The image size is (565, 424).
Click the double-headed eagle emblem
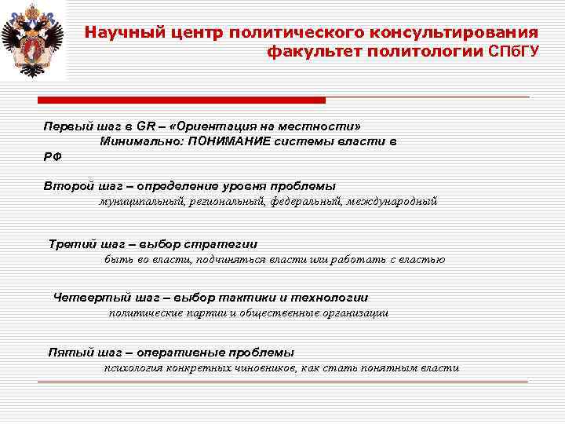[32, 39]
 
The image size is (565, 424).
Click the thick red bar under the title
[180, 101]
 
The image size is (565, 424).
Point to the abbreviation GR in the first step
[146, 126]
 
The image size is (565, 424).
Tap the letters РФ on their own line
[52, 156]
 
